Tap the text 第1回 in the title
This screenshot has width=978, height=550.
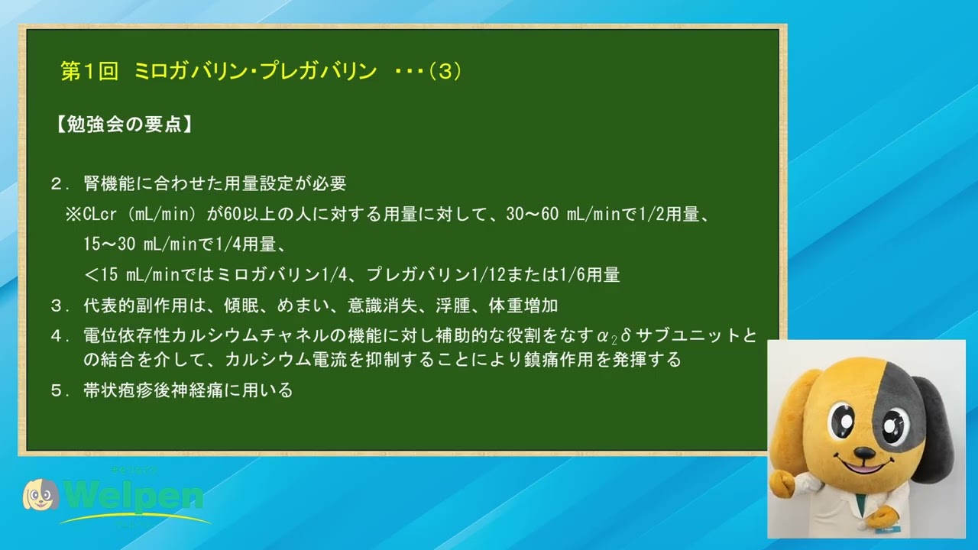click(89, 71)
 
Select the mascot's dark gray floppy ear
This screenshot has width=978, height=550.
click(934, 428)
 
